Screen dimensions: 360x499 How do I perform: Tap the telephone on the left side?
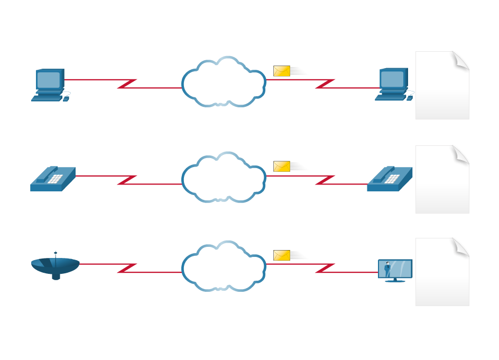pyautogui.click(x=52, y=178)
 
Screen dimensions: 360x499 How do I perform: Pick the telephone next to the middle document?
pyautogui.click(x=390, y=179)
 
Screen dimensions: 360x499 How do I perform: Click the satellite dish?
pyautogui.click(x=55, y=266)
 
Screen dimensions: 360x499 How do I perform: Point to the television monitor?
pyautogui.click(x=395, y=270)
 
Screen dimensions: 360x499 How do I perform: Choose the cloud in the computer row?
pyautogui.click(x=223, y=82)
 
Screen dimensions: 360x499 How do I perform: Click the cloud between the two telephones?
pyautogui.click(x=223, y=178)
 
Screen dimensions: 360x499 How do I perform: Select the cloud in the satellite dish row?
pyautogui.click(x=223, y=266)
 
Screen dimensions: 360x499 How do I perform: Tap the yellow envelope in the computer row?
pyautogui.click(x=282, y=71)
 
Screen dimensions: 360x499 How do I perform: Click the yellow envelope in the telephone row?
pyautogui.click(x=282, y=167)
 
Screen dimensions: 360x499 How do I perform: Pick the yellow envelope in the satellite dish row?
pyautogui.click(x=282, y=255)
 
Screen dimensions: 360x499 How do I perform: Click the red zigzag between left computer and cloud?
pyautogui.click(x=127, y=84)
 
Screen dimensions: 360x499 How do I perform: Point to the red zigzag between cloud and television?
pyautogui.click(x=325, y=268)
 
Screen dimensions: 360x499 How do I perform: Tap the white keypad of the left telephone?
pyautogui.click(x=54, y=179)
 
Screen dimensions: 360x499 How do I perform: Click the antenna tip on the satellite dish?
pyautogui.click(x=56, y=252)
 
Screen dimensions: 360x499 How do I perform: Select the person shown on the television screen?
pyautogui.click(x=387, y=269)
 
